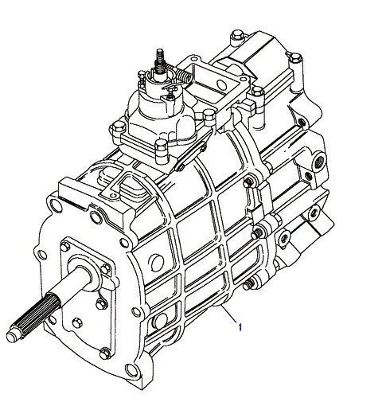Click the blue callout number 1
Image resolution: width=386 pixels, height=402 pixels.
[x=240, y=327]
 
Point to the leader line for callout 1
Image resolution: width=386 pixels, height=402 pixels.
[x=228, y=314]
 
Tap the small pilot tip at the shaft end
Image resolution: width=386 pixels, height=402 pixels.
[x=13, y=336]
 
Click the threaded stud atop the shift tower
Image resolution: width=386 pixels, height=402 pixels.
[x=160, y=61]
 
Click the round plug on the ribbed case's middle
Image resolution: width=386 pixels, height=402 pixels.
[x=157, y=263]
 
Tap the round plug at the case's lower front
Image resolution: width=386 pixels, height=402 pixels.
[x=161, y=322]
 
